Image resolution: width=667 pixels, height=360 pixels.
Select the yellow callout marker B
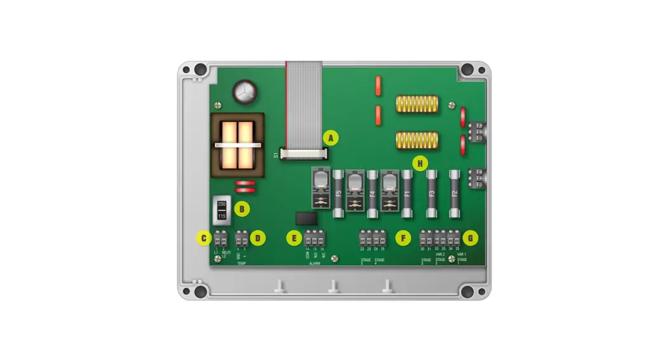[x=241, y=208]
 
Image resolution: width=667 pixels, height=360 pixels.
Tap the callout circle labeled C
[x=203, y=238]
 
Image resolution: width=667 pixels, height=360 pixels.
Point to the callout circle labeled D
[x=257, y=238]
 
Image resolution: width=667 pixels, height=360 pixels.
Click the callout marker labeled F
[x=402, y=238]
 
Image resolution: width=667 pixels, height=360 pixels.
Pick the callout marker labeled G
[x=470, y=238]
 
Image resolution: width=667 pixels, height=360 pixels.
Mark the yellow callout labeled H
[x=419, y=164]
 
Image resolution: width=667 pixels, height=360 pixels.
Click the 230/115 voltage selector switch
[x=222, y=210]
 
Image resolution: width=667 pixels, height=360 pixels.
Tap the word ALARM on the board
[x=314, y=262]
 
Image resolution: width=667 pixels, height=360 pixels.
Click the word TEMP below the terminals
[x=241, y=262]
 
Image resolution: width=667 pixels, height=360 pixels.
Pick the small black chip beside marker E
[x=307, y=218]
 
